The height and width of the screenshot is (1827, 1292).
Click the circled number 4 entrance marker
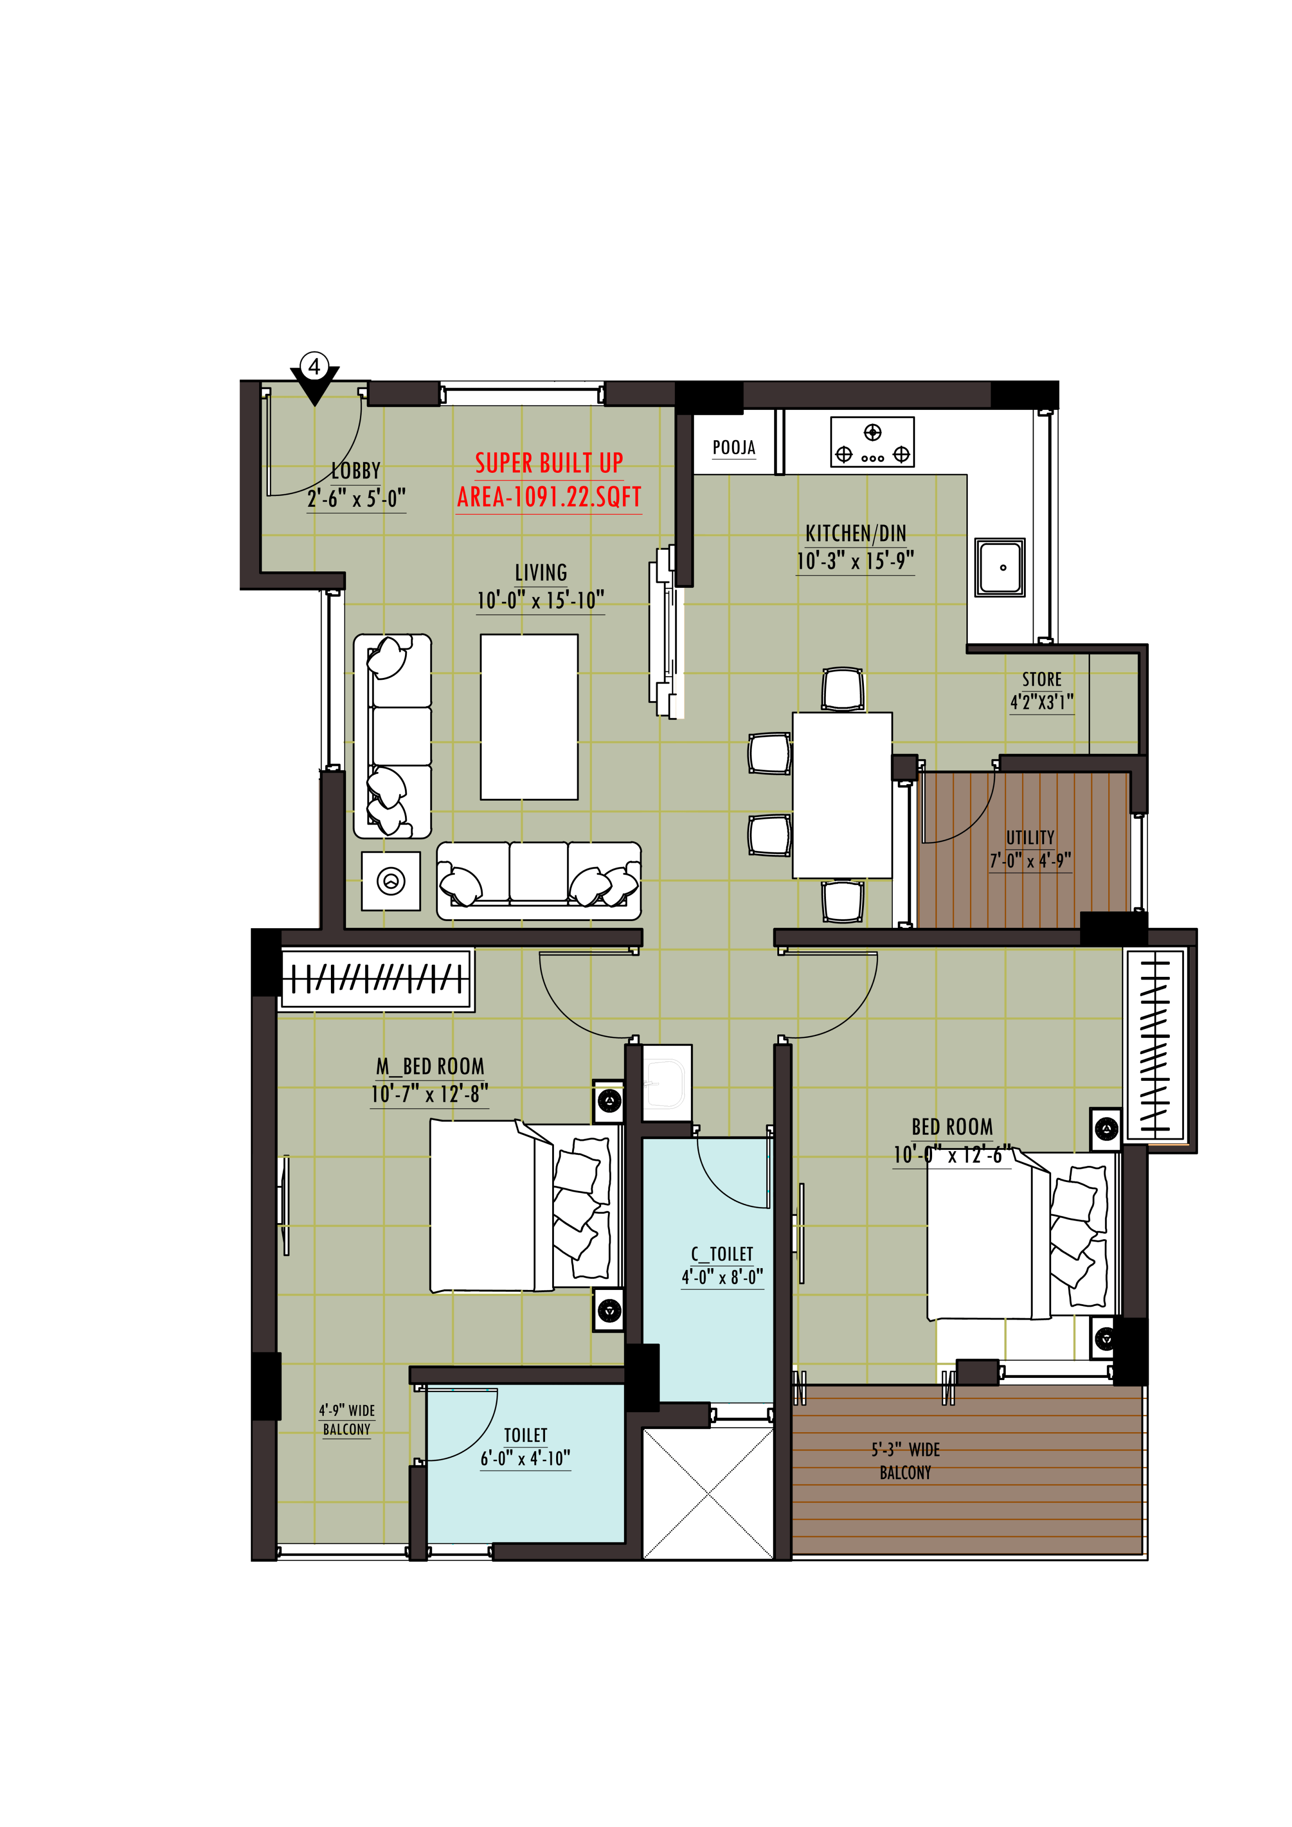tap(314, 367)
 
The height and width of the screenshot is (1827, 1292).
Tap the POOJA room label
tap(734, 447)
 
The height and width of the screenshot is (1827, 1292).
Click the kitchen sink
tap(999, 567)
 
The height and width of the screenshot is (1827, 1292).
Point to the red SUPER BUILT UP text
tap(549, 462)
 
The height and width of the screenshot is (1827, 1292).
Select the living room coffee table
tap(529, 717)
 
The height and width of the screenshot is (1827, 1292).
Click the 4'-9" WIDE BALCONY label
tap(347, 1420)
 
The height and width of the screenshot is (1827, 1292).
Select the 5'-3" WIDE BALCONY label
tap(905, 1461)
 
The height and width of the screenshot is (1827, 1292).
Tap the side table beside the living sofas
tap(391, 881)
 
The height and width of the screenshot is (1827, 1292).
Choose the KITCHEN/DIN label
tap(855, 533)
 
